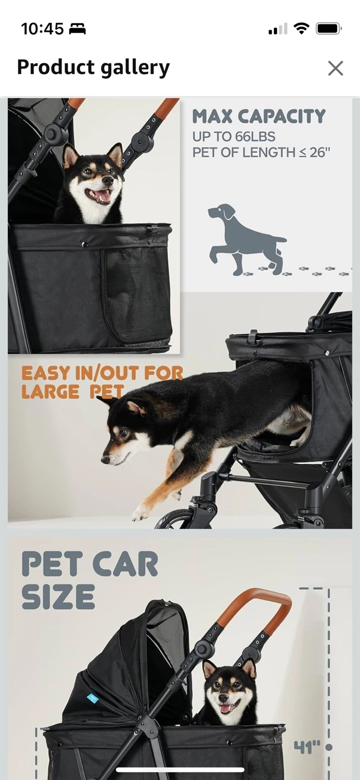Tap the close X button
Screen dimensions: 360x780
point(335,68)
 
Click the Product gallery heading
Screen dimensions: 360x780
point(93,67)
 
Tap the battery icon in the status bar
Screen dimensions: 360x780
point(329,29)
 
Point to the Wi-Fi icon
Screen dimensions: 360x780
point(302,28)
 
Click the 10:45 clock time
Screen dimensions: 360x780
point(42,29)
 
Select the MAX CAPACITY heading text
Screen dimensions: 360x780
point(259,116)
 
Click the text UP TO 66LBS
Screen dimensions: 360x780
point(234,136)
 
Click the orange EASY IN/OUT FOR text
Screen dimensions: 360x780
point(102,373)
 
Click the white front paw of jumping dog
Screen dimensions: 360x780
point(140,512)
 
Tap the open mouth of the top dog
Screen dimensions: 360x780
point(98,195)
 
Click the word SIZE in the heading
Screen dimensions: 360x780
point(58,597)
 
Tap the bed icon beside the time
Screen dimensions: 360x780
point(77,29)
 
